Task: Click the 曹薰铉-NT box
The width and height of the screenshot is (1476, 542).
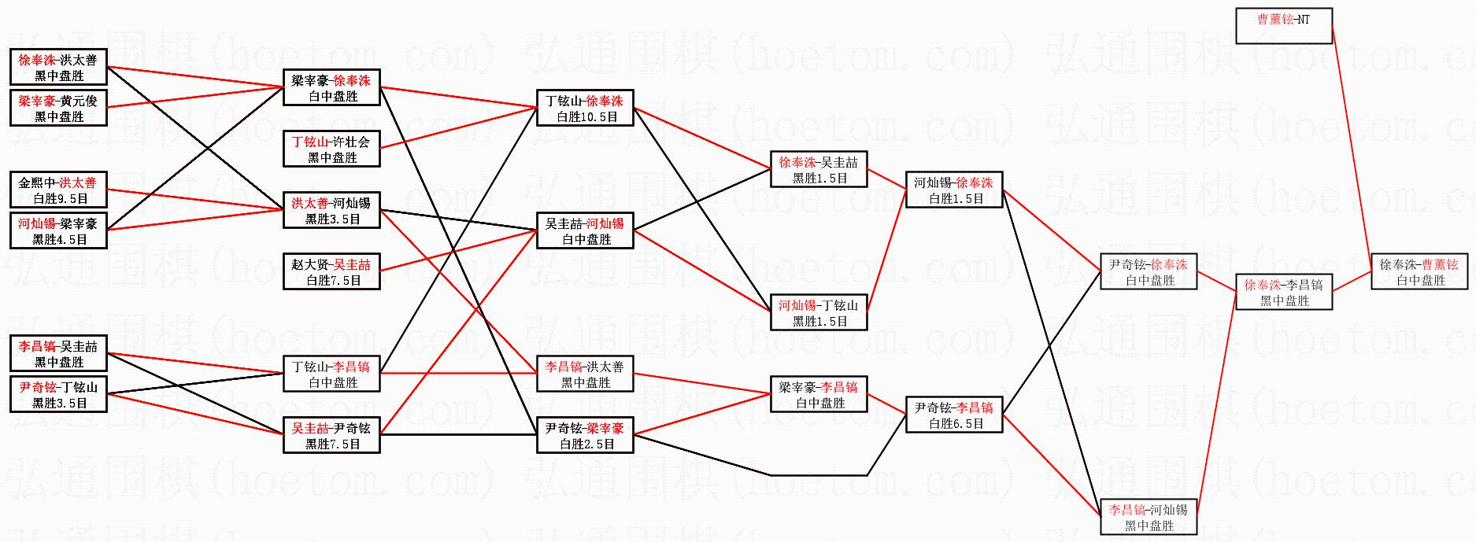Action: click(x=1283, y=26)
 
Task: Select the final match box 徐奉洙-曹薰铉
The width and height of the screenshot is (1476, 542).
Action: click(x=1419, y=272)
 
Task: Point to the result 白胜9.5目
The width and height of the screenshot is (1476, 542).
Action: click(x=60, y=199)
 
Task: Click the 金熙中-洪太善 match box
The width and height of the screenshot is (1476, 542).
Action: click(x=58, y=190)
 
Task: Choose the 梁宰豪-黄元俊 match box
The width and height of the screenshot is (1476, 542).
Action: click(x=58, y=109)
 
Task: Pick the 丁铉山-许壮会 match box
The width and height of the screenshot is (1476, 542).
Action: click(x=331, y=149)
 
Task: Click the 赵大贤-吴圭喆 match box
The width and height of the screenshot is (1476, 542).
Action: click(x=331, y=272)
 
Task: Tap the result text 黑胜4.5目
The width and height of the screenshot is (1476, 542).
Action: click(x=60, y=240)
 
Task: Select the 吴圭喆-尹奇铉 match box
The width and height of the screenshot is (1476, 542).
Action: click(x=331, y=436)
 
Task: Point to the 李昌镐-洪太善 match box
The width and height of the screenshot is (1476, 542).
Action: click(x=585, y=374)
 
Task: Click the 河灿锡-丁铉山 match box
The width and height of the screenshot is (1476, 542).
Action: click(x=819, y=313)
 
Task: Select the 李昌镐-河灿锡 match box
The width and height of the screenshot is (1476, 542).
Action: click(x=1149, y=518)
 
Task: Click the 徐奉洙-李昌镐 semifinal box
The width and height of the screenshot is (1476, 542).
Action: click(x=1284, y=293)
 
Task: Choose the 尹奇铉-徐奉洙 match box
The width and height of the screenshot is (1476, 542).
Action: click(x=1149, y=272)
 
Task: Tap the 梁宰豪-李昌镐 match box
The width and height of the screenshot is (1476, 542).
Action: click(x=819, y=395)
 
